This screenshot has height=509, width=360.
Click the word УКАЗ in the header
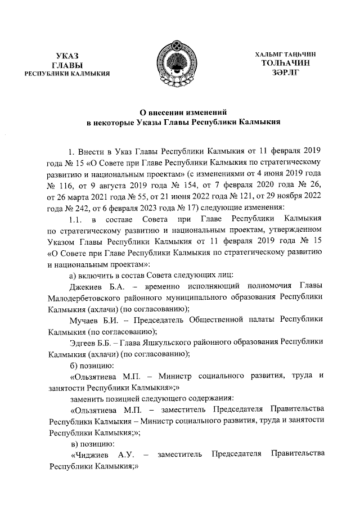[67, 55]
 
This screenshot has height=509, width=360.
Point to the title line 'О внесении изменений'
[179, 111]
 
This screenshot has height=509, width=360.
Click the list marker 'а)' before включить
[72, 275]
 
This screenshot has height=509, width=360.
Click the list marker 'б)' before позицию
[72, 366]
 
